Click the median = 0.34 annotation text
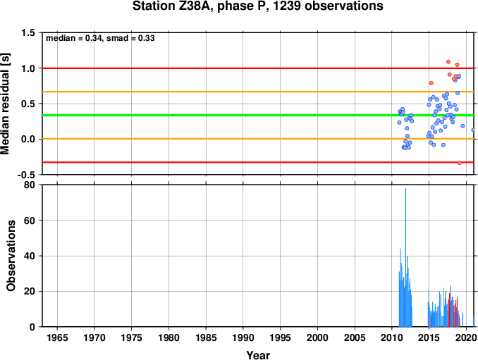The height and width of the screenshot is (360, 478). point(73,38)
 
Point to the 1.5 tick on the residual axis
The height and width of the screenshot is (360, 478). point(27,32)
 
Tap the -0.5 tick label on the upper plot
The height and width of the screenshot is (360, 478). point(26,175)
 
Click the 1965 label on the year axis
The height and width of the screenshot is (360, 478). point(57,337)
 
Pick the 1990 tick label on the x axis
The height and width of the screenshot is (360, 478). point(243,337)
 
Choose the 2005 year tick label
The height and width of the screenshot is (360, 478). point(355,337)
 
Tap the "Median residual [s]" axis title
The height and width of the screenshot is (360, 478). point(5,104)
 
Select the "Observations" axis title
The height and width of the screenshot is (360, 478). point(11,256)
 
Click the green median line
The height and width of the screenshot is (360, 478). point(258,115)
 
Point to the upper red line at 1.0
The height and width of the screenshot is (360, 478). point(258,68)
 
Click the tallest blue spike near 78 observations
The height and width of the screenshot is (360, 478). point(405,257)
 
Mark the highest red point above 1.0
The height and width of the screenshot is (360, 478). point(448,62)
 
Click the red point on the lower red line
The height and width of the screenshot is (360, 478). point(460,163)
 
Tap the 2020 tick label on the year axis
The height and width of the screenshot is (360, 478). point(466,337)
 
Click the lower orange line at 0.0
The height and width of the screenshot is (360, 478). point(258,139)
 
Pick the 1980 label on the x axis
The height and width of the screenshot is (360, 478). point(168,337)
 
